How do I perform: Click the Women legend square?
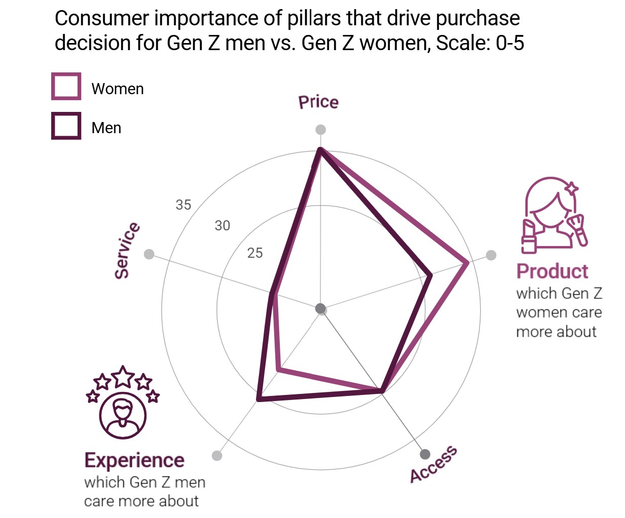tap(66, 87)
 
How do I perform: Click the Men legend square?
tap(66, 126)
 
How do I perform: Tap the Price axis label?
tap(318, 102)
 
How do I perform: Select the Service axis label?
tap(127, 250)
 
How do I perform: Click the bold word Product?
tap(552, 271)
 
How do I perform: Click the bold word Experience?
tap(134, 460)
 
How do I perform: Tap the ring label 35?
tap(183, 205)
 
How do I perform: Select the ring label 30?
tap(223, 225)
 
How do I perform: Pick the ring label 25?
tap(255, 253)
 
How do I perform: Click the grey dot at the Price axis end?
tap(320, 130)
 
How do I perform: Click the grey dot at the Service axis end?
tap(149, 254)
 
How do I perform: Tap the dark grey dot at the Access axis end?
tap(425, 454)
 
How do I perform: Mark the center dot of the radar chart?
tap(320, 308)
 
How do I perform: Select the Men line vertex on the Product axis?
tap(431, 275)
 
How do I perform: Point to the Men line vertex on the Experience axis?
tap(259, 399)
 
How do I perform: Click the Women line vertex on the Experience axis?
tap(278, 370)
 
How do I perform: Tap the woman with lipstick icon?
tap(554, 215)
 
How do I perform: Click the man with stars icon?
tap(123, 402)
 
